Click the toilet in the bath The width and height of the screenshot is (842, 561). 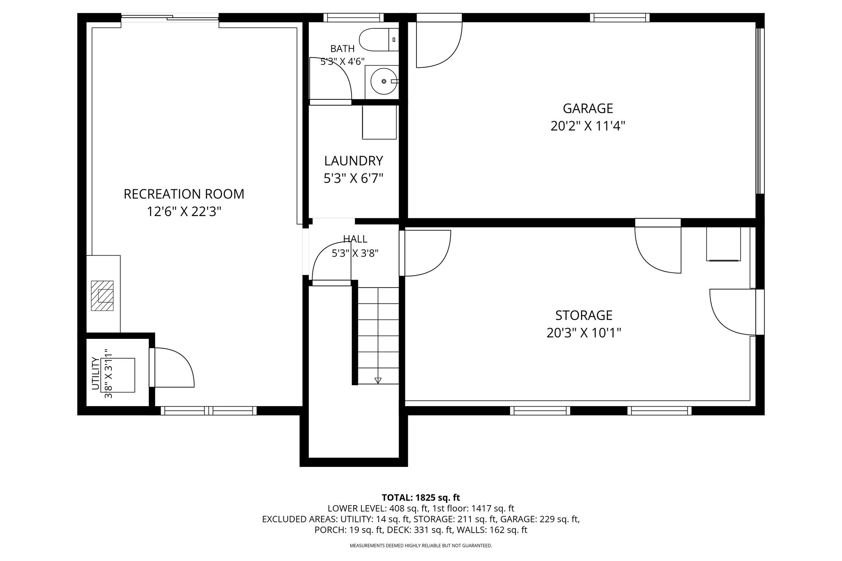tap(379, 40)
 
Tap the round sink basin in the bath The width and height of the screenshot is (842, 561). tap(384, 81)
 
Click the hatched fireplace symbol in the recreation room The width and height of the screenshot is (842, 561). tap(102, 296)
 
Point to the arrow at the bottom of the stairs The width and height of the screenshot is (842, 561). tap(378, 380)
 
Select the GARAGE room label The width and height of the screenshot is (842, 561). tap(588, 108)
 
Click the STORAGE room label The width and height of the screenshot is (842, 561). tap(584, 315)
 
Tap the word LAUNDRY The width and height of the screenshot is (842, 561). tap(354, 161)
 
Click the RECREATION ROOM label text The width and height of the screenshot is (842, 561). tap(184, 194)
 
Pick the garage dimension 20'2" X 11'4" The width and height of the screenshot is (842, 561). tap(588, 126)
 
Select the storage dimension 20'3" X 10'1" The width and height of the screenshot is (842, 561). tap(584, 333)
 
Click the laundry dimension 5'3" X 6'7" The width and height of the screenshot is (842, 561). tap(354, 179)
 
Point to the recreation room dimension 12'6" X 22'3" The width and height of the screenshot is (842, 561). tap(184, 212)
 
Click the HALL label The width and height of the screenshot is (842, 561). tap(355, 239)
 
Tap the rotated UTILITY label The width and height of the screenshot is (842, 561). tap(95, 373)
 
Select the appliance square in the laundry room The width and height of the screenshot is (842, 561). tap(379, 122)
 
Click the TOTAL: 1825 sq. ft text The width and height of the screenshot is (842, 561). tap(421, 498)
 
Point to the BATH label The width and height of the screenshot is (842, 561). tap(342, 49)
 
